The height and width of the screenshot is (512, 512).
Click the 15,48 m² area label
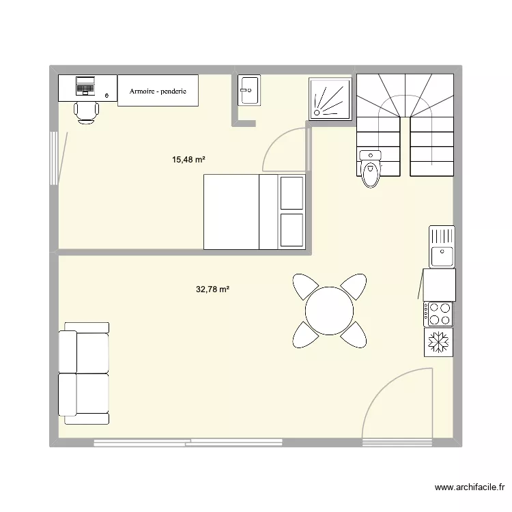189,160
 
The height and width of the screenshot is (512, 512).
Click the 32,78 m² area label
212,289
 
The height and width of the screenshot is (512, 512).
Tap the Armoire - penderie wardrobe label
158,91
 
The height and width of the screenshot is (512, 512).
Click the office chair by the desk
85,111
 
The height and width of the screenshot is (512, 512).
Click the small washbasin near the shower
248,90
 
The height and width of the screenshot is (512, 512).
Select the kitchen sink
441,246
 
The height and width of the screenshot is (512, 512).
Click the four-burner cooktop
438,313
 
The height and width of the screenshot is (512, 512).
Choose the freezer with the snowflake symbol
438,341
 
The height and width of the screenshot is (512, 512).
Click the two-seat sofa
83,373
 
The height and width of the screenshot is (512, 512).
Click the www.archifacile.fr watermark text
471,487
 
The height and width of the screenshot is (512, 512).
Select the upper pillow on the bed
291,193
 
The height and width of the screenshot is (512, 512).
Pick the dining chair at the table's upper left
304,287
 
